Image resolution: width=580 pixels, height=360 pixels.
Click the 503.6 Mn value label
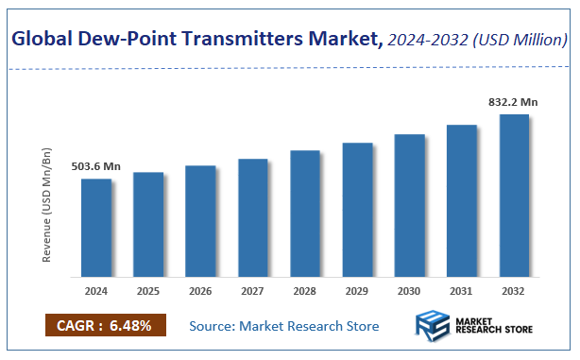(x=96, y=166)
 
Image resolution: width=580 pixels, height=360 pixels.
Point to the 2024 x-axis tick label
(x=95, y=291)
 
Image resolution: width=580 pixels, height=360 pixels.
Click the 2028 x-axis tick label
(x=305, y=291)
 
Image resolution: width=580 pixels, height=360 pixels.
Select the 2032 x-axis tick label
(x=514, y=291)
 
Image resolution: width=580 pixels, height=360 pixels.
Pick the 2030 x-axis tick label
(x=410, y=291)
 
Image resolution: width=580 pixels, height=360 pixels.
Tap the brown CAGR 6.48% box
(x=106, y=326)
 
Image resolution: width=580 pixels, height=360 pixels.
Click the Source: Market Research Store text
(x=284, y=326)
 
